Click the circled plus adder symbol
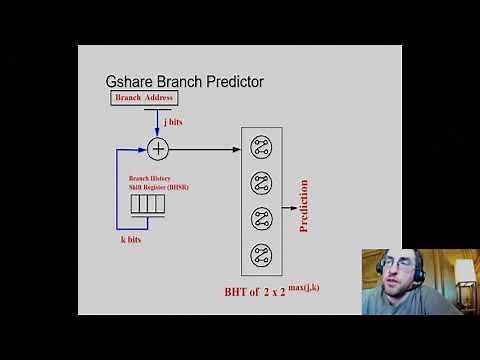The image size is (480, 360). pos(157,149)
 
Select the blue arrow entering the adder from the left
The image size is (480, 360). pos(135,149)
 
